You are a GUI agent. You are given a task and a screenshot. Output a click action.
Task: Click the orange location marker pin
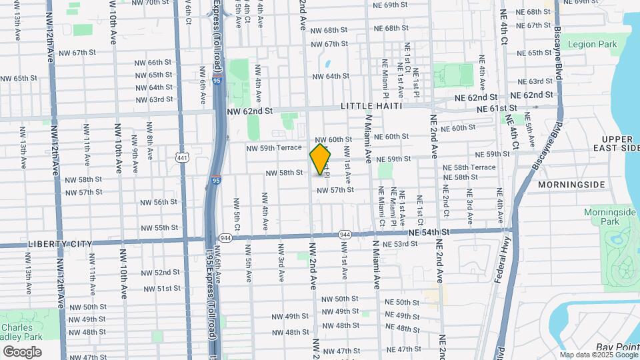pos(321,159)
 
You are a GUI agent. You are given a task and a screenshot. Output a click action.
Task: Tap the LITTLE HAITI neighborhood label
pos(371,106)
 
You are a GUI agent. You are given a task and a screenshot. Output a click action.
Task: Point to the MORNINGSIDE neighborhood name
pos(571,185)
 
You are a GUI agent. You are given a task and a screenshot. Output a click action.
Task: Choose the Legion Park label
pos(592,45)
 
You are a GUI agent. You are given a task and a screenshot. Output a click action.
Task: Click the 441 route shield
pos(181,157)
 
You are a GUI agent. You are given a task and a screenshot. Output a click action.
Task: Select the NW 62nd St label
pos(248,113)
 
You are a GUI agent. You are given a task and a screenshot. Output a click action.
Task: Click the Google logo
pos(22,351)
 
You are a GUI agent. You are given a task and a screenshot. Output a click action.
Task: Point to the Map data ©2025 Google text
pos(597,355)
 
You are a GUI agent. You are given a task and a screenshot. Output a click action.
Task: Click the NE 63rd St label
pos(535,81)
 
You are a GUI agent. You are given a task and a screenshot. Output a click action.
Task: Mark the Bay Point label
pos(617,347)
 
